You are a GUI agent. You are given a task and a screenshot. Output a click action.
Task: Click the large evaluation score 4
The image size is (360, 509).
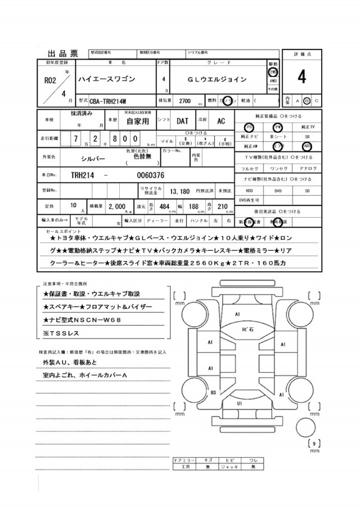pyautogui.click(x=302, y=76)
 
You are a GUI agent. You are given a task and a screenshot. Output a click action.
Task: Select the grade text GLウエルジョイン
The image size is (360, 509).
pyautogui.click(x=217, y=79)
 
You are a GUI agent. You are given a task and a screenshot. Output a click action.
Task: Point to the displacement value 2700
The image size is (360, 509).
pyautogui.click(x=184, y=101)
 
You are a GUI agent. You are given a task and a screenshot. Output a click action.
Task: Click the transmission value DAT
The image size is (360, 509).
pyautogui.click(x=183, y=121)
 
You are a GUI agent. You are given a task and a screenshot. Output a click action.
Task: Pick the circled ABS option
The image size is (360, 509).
pyautogui.click(x=307, y=143)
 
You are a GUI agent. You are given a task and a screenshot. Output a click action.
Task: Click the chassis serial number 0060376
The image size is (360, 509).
pyautogui.click(x=150, y=175)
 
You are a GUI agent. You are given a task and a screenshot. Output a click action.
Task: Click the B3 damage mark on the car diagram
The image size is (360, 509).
pyautogui.click(x=213, y=392)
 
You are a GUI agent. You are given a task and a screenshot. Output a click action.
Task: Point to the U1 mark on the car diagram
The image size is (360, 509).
pyautogui.click(x=239, y=404)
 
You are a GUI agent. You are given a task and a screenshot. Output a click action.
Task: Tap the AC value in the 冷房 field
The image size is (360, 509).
pyautogui.click(x=221, y=121)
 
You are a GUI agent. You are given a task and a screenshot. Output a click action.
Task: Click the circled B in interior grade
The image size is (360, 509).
pyautogui.click(x=307, y=101)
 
